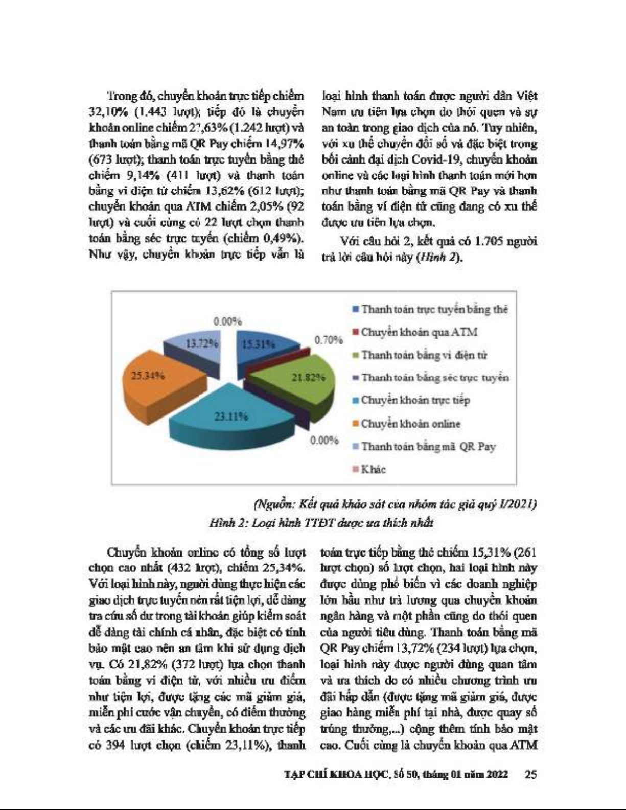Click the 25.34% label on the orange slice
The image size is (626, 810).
click(x=148, y=376)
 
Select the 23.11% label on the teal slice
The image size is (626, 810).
click(x=231, y=416)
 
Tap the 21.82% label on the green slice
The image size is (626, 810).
click(x=308, y=377)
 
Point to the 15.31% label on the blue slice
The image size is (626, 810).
click(x=258, y=344)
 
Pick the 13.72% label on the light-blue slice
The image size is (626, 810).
click(x=202, y=343)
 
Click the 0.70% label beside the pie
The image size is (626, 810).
click(x=328, y=339)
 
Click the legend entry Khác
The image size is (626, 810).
click(x=373, y=469)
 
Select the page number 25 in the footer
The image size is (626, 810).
click(x=530, y=774)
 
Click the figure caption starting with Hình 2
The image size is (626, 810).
click(x=321, y=522)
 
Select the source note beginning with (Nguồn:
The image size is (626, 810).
click(x=395, y=504)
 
